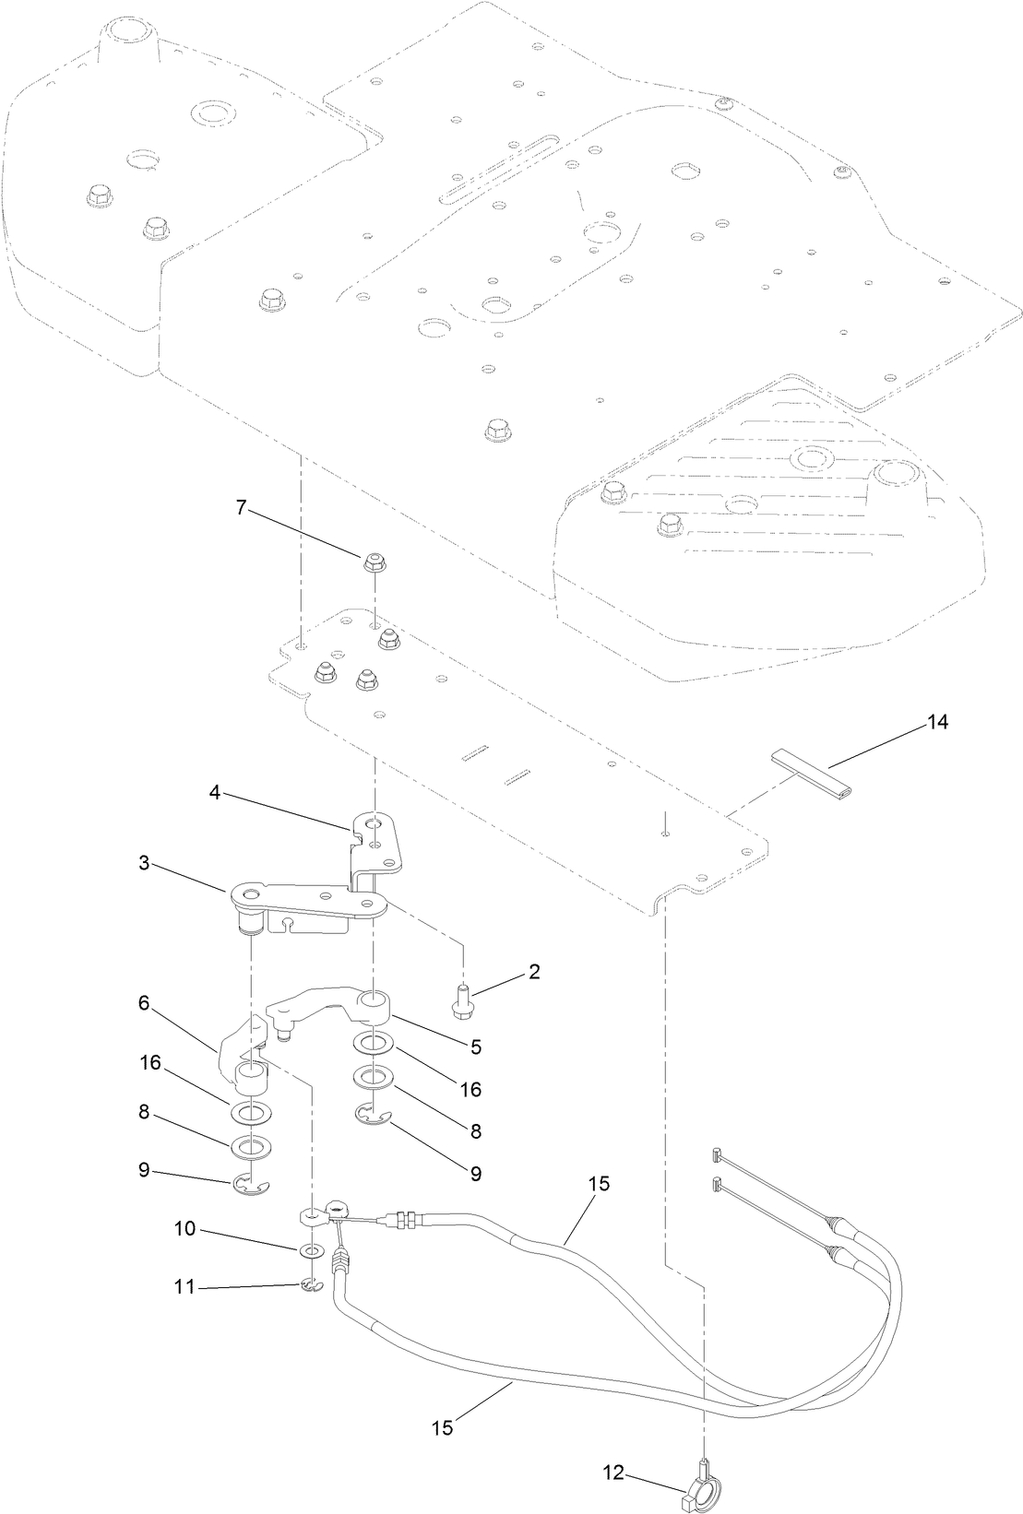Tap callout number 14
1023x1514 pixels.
pyautogui.click(x=937, y=722)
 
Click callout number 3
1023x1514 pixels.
pyautogui.click(x=144, y=863)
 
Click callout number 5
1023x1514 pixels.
pyautogui.click(x=476, y=1047)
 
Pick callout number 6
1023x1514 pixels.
pyautogui.click(x=144, y=1003)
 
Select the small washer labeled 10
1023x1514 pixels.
pyautogui.click(x=312, y=1251)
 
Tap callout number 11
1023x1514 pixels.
pyautogui.click(x=185, y=1285)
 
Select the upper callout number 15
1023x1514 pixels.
pyautogui.click(x=599, y=1184)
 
